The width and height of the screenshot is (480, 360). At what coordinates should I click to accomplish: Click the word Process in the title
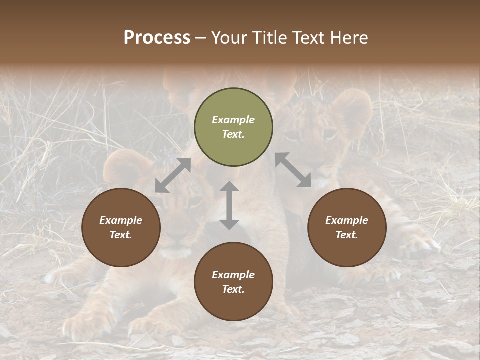[157, 38]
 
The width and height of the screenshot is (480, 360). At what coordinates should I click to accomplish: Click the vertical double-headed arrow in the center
[229, 205]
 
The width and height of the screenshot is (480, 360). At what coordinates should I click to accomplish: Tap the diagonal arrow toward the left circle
[173, 175]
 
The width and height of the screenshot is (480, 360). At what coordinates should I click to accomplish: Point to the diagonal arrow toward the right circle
[293, 170]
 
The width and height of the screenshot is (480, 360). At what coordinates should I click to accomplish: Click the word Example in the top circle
[233, 120]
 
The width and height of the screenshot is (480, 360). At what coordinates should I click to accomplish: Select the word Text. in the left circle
[121, 235]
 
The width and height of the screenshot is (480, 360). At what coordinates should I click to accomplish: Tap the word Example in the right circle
[347, 220]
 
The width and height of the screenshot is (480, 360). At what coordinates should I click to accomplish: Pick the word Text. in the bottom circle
[233, 289]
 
